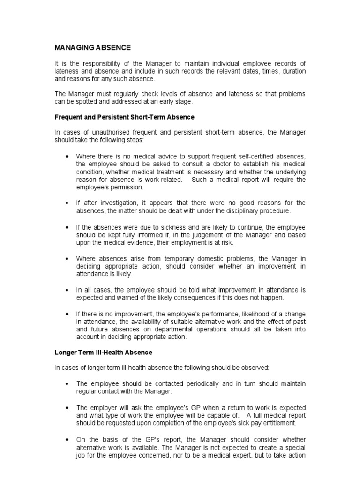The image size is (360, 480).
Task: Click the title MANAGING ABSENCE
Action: click(x=93, y=48)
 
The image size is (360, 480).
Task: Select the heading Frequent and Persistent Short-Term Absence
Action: click(x=124, y=117)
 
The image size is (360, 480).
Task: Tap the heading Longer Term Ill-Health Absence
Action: click(x=104, y=352)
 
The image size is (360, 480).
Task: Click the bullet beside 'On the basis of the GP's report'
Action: click(x=68, y=439)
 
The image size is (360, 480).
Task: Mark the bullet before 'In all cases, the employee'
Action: click(x=68, y=290)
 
